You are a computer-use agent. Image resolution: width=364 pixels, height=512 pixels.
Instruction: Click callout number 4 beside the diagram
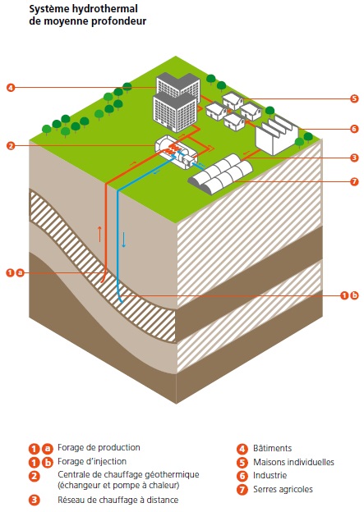11,88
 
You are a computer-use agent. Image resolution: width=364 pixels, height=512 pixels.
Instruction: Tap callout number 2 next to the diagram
11,145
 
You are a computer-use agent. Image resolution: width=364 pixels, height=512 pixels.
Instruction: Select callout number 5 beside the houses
354,98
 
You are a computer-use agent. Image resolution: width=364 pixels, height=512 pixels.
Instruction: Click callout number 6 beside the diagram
354,129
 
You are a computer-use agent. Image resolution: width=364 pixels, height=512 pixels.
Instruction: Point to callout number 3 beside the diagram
354,158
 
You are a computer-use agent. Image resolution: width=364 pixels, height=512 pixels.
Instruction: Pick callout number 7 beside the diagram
354,181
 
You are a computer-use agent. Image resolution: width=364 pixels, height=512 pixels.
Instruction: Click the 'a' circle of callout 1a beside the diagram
21,272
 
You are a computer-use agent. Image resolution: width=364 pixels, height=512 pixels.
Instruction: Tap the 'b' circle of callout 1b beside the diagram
354,295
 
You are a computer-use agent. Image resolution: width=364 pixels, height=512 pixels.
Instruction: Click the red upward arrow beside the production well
100,234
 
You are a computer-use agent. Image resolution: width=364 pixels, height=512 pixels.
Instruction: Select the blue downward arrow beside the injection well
124,240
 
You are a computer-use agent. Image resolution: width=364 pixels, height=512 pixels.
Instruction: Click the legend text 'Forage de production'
99,447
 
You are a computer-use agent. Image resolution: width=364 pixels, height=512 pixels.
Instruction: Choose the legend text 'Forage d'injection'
92,461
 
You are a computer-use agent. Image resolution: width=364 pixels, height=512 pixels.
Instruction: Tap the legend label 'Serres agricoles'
283,489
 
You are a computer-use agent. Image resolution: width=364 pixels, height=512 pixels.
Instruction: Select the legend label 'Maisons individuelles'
293,462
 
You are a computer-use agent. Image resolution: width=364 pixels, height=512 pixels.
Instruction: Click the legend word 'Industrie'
270,475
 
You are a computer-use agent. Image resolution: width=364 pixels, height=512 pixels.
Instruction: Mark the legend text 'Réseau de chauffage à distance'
118,500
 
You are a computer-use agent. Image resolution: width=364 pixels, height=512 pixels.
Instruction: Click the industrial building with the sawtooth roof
277,135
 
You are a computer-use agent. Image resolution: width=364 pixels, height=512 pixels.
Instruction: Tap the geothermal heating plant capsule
176,152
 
